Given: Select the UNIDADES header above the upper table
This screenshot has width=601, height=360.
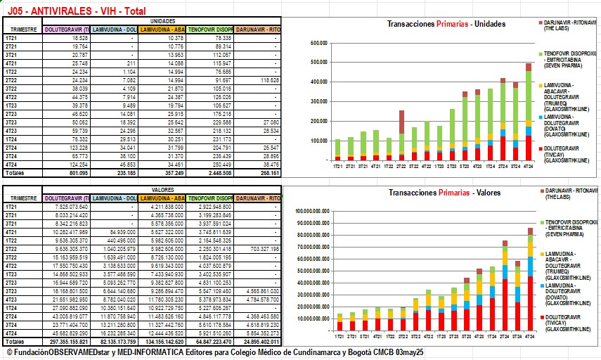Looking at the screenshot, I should coord(162,22).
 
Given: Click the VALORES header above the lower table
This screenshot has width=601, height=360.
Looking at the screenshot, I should coord(162,190).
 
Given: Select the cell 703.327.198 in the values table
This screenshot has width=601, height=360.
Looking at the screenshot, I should coord(259,248).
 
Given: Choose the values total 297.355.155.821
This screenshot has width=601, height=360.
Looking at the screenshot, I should coord(66,340).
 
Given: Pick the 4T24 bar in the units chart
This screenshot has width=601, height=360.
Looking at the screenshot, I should coord(529,112).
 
